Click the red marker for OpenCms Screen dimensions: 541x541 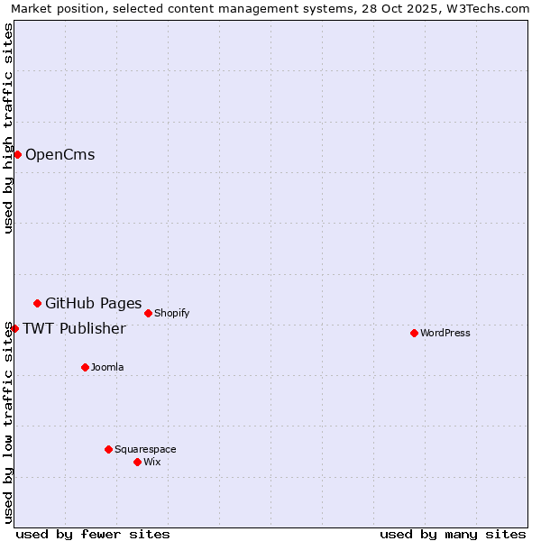17,154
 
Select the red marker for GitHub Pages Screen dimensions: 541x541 37,303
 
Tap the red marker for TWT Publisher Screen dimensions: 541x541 14,328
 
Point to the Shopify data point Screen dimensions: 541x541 148,313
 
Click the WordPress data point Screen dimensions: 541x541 414,333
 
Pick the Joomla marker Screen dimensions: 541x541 85,367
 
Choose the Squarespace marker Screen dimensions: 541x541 108,449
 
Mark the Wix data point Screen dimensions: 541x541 137,462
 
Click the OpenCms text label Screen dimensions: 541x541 60,154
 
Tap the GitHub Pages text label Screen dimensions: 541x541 93,303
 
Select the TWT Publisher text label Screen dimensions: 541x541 74,328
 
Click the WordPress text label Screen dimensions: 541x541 445,333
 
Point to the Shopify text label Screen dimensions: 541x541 171,313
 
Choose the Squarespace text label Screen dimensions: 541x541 145,449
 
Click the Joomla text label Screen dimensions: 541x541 107,367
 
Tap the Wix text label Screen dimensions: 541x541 152,462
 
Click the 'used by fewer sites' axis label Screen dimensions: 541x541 93,534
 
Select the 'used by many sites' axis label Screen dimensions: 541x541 453,534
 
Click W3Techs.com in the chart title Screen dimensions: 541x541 486,9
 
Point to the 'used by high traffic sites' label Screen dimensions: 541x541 9,128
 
